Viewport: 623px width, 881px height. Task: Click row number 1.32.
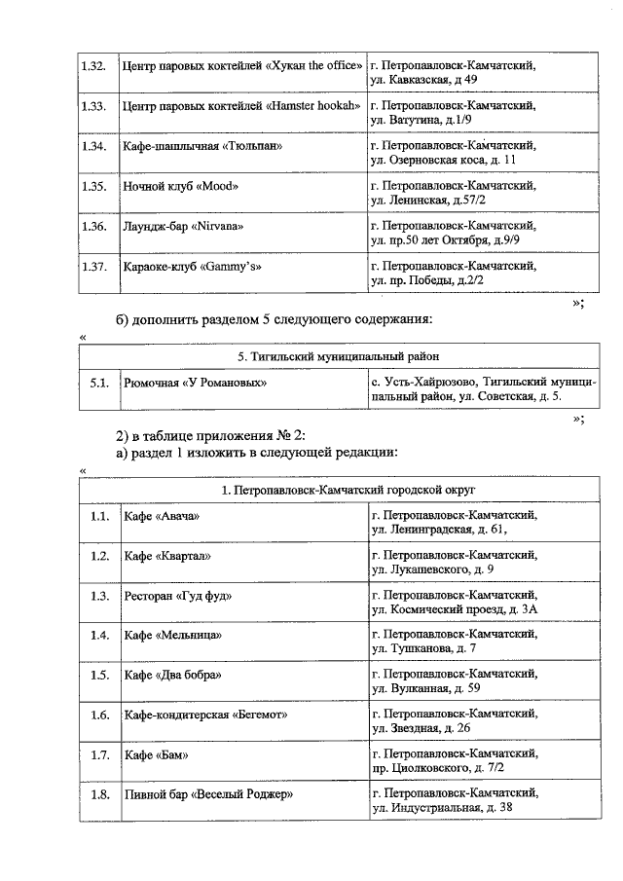pyautogui.click(x=94, y=65)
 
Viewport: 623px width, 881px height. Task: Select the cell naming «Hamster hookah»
pyautogui.click(x=241, y=105)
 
